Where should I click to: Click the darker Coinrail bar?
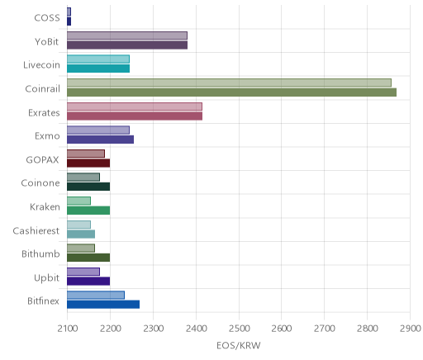pyautogui.click(x=231, y=92)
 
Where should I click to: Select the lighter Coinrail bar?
pyautogui.click(x=229, y=83)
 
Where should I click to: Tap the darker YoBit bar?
pyautogui.click(x=127, y=45)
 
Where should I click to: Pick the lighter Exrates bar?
pyautogui.click(x=135, y=107)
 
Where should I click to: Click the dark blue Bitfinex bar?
pyautogui.click(x=103, y=305)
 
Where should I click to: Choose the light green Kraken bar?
pyautogui.click(x=78, y=201)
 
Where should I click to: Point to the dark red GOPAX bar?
pyautogui.click(x=88, y=163)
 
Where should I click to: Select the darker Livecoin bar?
pyautogui.click(x=98, y=69)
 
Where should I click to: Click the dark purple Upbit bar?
pyautogui.click(x=88, y=281)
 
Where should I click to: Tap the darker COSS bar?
pyautogui.click(x=69, y=21)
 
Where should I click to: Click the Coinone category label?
pyautogui.click(x=40, y=183)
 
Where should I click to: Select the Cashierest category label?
pyautogui.click(x=36, y=230)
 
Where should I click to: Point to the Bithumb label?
pyautogui.click(x=40, y=253)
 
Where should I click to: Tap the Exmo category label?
pyautogui.click(x=47, y=136)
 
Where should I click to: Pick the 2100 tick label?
pyautogui.click(x=68, y=329)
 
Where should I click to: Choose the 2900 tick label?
pyautogui.click(x=410, y=329)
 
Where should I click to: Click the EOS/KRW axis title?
pyautogui.click(x=239, y=345)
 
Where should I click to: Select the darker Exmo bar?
pyautogui.click(x=100, y=140)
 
